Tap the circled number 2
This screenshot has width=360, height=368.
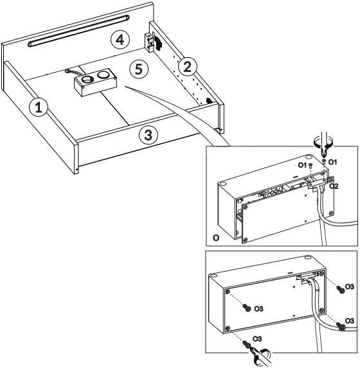click(186, 65)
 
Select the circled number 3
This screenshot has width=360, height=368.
click(148, 135)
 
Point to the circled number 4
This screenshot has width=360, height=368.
click(116, 39)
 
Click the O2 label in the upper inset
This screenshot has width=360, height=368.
click(334, 187)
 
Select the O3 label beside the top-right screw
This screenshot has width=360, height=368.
click(348, 285)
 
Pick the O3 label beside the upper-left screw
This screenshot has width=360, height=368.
click(258, 309)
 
